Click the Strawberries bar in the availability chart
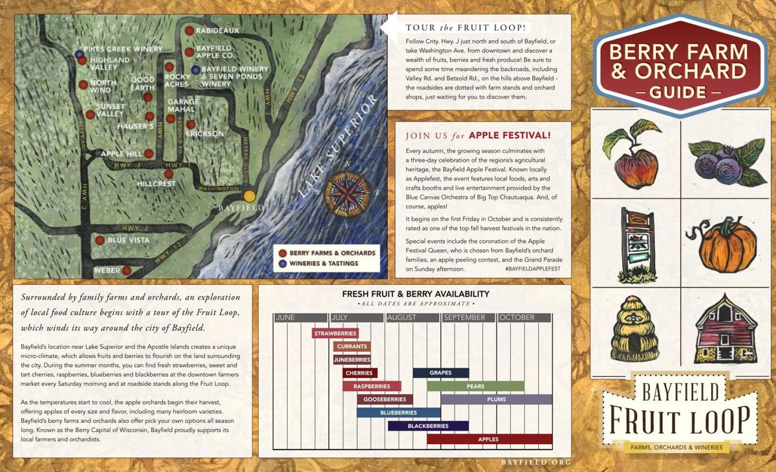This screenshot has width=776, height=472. point(335,333)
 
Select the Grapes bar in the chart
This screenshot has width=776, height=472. point(440,373)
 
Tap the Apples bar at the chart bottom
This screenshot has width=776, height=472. point(489,439)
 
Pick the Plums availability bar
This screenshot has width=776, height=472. point(496,399)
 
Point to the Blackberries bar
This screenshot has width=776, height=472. point(428,426)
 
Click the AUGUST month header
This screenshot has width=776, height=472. point(412,317)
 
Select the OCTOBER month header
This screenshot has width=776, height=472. point(524,317)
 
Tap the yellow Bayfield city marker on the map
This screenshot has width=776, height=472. point(249,196)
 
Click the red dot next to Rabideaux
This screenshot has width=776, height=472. point(189,30)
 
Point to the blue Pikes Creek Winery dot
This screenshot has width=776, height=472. point(79,53)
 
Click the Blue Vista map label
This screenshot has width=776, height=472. point(128,240)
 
